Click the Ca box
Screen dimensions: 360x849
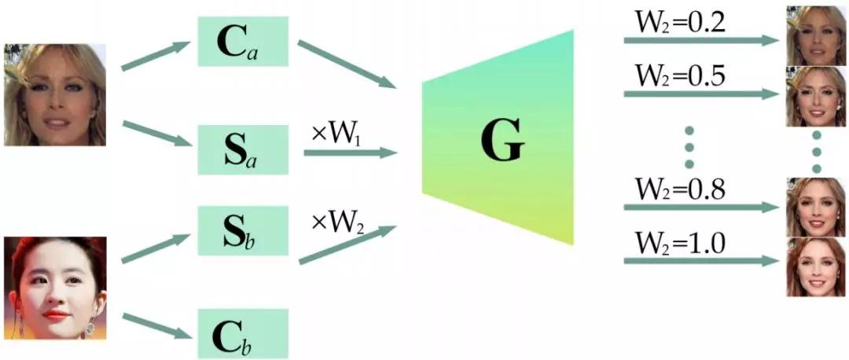point(243,42)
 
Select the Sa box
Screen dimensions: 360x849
point(243,149)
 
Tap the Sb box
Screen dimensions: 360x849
point(243,231)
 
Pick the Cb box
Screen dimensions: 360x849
point(243,333)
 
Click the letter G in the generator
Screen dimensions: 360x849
point(501,143)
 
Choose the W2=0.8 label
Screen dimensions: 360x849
point(682,190)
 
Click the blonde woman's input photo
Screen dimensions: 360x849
point(55,94)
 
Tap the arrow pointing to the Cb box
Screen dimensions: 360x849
point(157,326)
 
